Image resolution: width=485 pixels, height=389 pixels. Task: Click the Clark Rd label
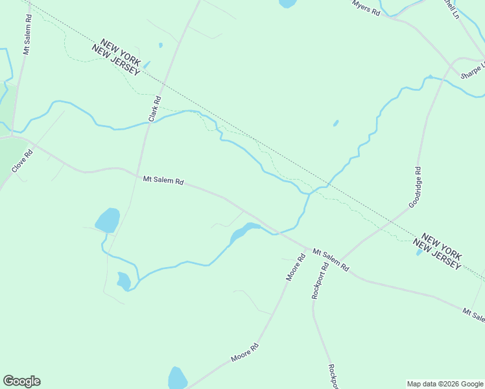154,109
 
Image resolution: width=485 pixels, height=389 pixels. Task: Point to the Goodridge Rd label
415,187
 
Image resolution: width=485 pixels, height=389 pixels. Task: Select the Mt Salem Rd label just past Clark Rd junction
163,181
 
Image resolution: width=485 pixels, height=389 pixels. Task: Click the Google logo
21,381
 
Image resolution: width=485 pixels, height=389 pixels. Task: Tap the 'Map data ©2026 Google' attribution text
445,384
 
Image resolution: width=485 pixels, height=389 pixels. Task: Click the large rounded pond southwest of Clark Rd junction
108,220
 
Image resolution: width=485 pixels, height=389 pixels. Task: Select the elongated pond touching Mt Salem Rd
243,231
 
